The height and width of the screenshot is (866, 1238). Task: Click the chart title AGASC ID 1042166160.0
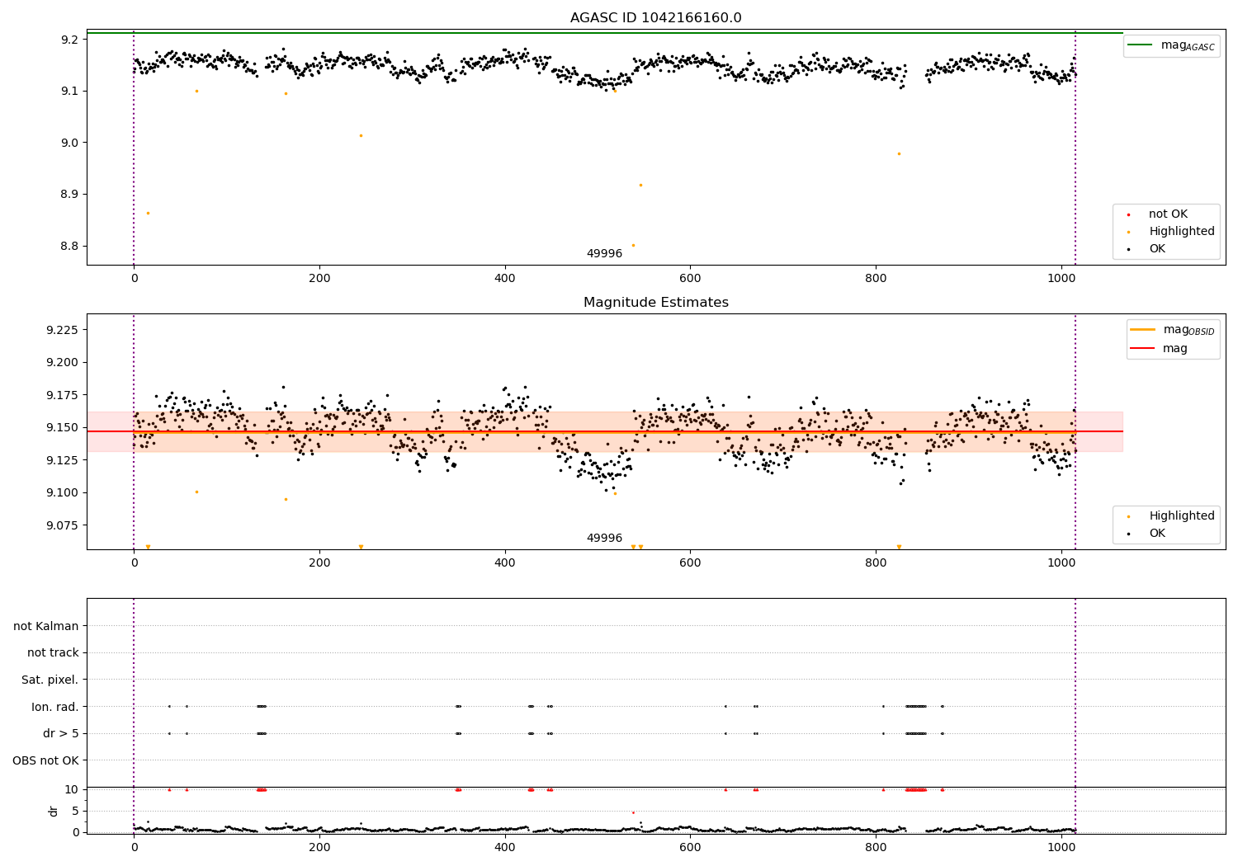click(655, 18)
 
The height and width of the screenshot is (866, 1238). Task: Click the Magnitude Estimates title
click(655, 303)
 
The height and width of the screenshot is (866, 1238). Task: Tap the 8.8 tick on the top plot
click(68, 247)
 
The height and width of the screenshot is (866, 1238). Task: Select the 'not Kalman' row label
click(46, 626)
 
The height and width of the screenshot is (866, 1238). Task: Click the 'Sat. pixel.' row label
click(50, 680)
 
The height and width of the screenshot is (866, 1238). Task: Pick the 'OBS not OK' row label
click(45, 760)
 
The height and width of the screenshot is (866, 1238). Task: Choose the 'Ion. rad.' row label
click(55, 707)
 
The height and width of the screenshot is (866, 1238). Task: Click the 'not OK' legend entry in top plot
click(1168, 214)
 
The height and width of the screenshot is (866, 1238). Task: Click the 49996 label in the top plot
click(604, 254)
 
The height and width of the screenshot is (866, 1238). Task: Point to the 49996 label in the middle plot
click(604, 539)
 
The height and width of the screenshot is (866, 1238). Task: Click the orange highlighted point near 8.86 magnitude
click(148, 213)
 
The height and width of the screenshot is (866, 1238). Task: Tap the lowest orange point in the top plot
click(633, 245)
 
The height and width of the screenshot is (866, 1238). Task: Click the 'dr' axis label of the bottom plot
click(54, 811)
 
